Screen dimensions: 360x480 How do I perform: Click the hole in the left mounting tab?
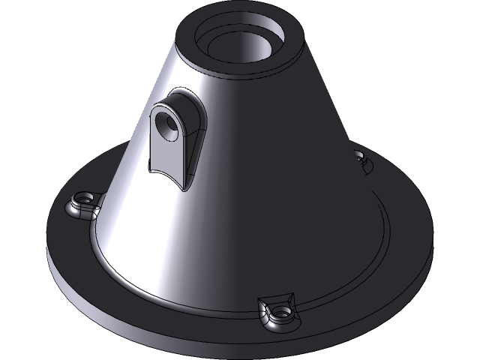(85, 200)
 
